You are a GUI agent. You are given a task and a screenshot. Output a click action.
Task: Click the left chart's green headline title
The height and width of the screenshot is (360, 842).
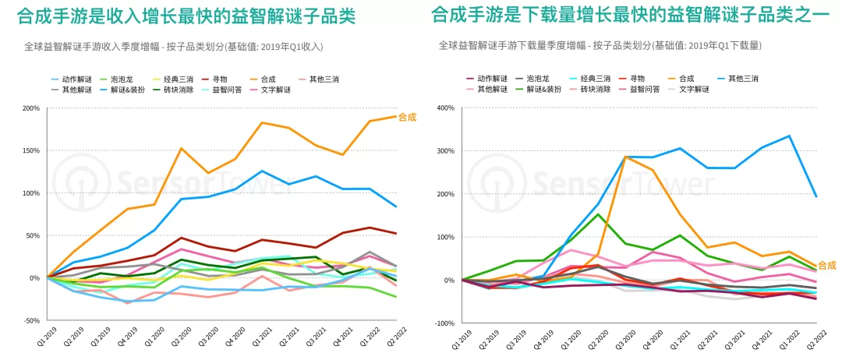[186, 16]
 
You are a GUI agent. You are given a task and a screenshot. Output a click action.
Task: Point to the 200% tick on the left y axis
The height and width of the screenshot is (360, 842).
[31, 108]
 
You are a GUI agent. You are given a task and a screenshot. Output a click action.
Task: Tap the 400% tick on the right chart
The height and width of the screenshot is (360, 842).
[448, 108]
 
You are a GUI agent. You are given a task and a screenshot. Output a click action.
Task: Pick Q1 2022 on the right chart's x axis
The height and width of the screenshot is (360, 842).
[784, 338]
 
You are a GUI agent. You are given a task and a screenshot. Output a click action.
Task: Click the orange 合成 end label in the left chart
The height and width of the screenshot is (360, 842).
[408, 116]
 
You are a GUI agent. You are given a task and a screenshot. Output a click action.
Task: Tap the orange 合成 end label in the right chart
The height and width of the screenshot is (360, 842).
[827, 265]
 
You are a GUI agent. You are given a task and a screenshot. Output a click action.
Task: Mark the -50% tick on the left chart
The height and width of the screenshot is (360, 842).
[32, 320]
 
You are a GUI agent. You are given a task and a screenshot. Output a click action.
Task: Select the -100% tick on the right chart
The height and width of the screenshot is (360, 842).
[446, 323]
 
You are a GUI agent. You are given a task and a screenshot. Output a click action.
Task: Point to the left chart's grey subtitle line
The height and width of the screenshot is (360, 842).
[174, 47]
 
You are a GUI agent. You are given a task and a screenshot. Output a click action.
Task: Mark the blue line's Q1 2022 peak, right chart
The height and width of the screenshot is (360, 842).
[789, 136]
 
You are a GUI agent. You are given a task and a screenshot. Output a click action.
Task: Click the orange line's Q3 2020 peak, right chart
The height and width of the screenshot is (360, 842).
[625, 157]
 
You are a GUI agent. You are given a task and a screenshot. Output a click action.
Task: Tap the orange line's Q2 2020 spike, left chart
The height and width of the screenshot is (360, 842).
[182, 148]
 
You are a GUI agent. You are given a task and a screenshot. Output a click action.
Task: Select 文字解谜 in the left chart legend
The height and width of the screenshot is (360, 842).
[275, 90]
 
